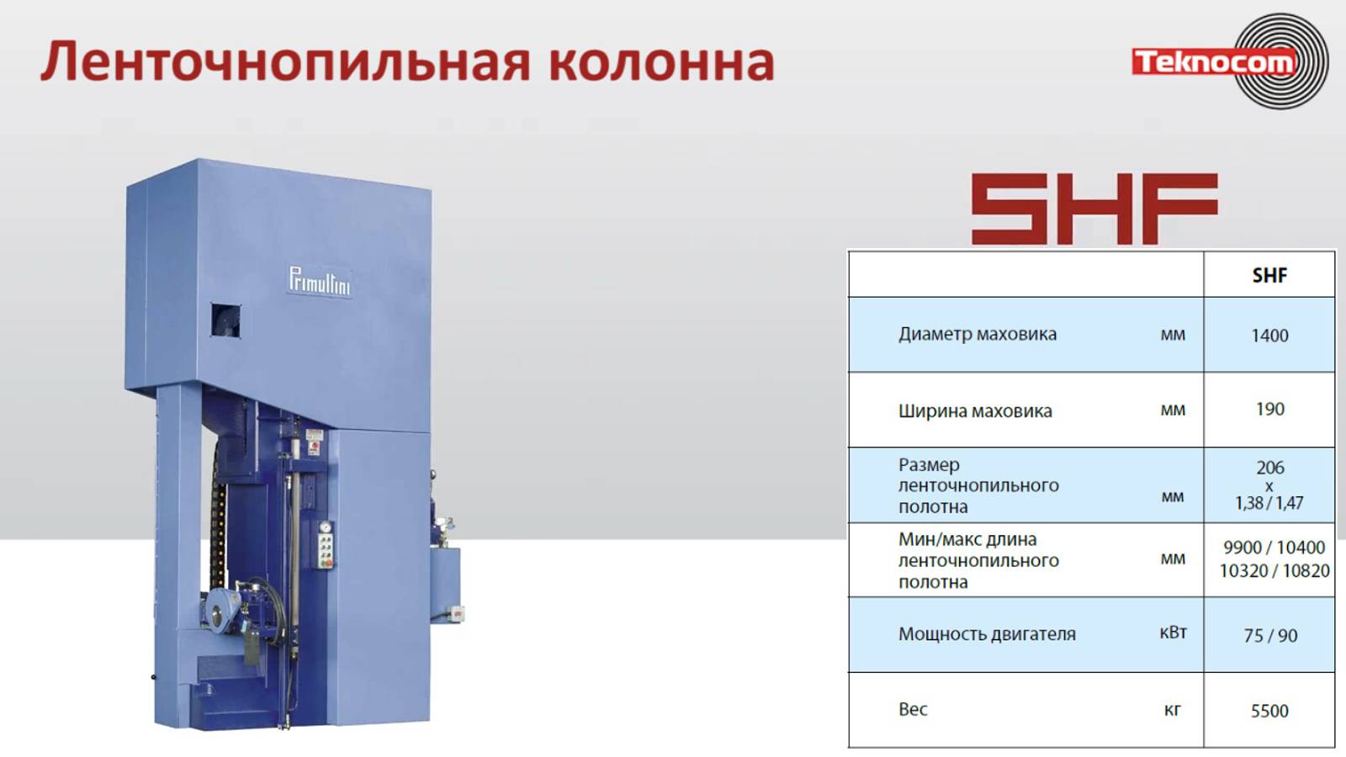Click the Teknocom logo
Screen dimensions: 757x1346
(x=1228, y=61)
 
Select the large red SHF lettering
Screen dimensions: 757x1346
(x=1094, y=209)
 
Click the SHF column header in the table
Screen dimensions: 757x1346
(x=1269, y=275)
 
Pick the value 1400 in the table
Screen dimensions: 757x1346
(x=1269, y=335)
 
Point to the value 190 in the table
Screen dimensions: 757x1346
(x=1269, y=409)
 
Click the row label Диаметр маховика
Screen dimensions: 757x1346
(x=977, y=334)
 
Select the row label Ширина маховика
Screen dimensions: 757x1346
(x=974, y=410)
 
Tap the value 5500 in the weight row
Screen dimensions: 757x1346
(x=1269, y=711)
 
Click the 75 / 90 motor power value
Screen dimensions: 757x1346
(x=1269, y=636)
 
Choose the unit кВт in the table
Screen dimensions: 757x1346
(x=1173, y=633)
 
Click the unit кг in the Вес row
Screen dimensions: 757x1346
(x=1172, y=710)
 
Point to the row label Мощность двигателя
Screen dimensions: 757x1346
(x=986, y=634)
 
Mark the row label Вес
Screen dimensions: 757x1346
(x=913, y=709)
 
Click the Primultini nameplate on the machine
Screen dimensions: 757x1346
(x=319, y=281)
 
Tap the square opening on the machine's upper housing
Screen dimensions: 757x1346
(x=225, y=320)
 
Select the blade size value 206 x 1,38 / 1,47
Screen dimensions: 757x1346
(x=1269, y=485)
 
